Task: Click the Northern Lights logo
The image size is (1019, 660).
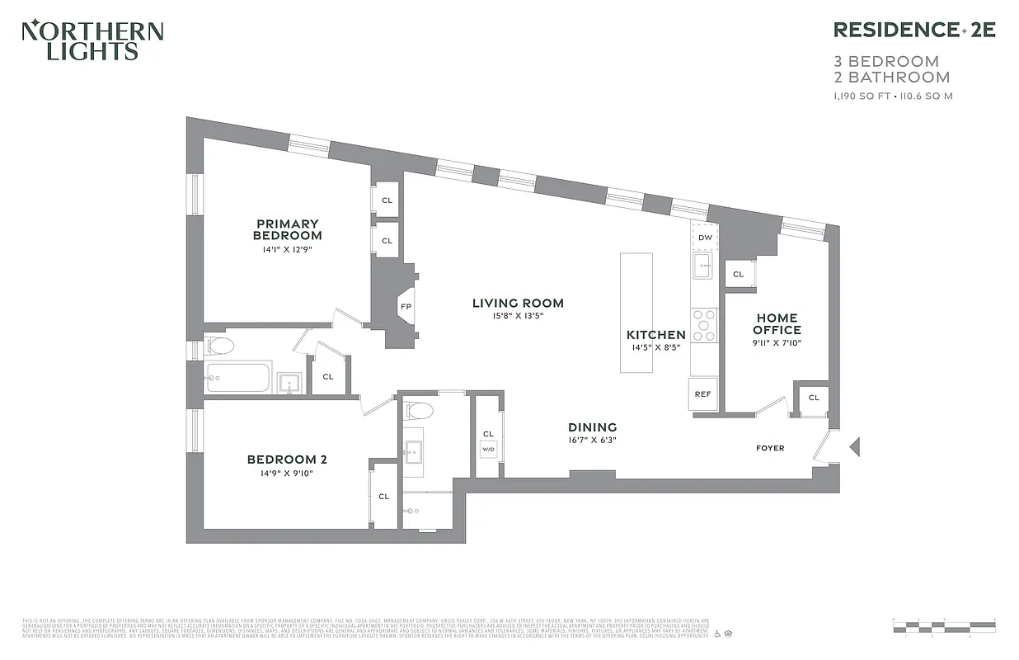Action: coord(92,40)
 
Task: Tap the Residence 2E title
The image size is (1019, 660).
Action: coord(914,30)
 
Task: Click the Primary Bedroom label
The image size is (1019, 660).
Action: coord(287,229)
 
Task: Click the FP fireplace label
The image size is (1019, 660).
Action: coord(406,307)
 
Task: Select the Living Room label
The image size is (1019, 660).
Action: coord(518,303)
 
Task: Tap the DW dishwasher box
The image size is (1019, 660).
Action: coord(705,238)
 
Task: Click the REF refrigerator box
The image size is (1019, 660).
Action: coord(702,394)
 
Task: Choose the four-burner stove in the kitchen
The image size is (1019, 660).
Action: coord(704,325)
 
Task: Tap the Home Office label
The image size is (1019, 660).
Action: coord(777,323)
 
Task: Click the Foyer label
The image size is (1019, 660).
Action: coord(770,448)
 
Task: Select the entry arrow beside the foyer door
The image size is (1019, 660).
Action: coord(854,447)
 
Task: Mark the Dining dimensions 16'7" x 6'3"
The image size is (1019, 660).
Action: coord(592,440)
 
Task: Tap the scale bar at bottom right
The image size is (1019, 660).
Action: coord(943,624)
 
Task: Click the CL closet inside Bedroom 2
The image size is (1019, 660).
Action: coord(383,497)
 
